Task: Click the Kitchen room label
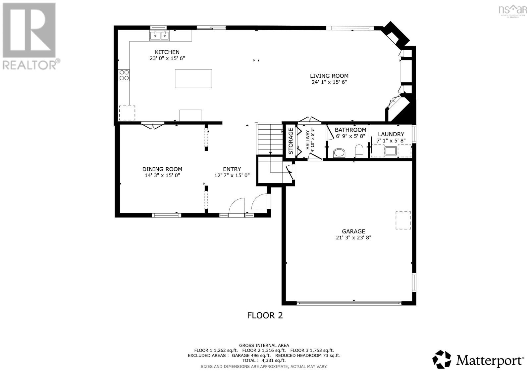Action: point(167,52)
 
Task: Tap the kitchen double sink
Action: point(159,35)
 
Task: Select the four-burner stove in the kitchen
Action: point(124,75)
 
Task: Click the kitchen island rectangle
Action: point(193,78)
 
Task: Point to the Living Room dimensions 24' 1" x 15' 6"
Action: point(329,82)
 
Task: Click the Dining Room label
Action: point(162,169)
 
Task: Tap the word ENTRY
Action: point(232,169)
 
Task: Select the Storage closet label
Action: point(291,141)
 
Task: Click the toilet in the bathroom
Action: point(359,151)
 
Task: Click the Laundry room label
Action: point(391,134)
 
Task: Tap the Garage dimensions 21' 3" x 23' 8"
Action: point(353,237)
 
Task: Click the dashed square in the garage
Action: point(403,220)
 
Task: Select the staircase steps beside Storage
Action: point(269,139)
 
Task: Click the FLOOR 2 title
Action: point(265,315)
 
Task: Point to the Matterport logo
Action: point(478,359)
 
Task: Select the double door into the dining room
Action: point(152,126)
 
